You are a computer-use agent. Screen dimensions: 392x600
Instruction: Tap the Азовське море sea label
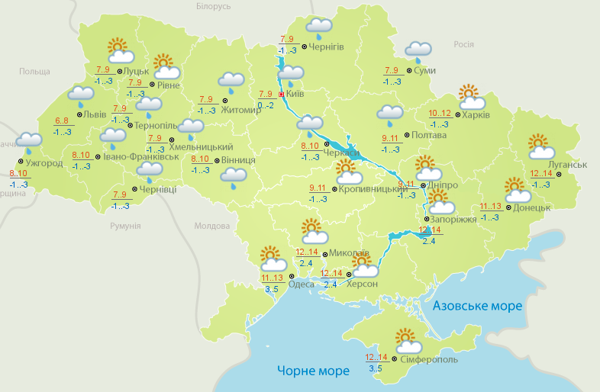point(478,306)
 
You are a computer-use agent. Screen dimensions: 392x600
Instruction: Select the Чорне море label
point(313,371)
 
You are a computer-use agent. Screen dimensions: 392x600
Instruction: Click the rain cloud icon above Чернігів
point(319,28)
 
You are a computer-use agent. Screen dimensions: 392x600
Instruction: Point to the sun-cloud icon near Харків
point(472,98)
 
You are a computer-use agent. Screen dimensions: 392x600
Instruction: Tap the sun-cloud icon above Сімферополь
point(408,340)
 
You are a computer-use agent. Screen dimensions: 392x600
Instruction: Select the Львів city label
point(95,114)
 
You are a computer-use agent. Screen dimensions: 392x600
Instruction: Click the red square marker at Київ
point(281,95)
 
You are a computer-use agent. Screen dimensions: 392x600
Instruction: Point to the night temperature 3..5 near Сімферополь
point(376,368)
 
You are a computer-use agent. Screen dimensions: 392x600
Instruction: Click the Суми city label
point(424,71)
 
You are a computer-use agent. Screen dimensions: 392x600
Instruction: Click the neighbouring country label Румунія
point(125,226)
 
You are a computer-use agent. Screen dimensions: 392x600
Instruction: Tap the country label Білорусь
point(213,6)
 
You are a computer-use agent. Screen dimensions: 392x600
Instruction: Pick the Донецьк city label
point(532,207)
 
